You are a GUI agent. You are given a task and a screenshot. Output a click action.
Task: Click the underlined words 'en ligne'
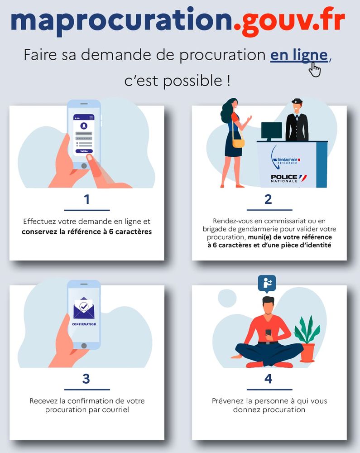click(x=299, y=55)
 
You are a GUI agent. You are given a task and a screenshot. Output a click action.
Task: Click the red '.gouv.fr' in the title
click(x=289, y=21)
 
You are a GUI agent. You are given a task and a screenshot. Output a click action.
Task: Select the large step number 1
click(x=86, y=199)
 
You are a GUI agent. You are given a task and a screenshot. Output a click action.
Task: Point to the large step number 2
click(x=268, y=199)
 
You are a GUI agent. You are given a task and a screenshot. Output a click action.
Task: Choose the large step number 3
click(x=86, y=379)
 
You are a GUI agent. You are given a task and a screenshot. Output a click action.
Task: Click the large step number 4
click(x=268, y=379)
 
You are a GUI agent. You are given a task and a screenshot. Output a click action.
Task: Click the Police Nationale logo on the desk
click(x=288, y=178)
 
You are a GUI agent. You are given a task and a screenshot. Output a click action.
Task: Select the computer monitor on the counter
click(x=271, y=131)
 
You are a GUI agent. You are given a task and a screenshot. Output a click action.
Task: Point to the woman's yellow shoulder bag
click(x=238, y=143)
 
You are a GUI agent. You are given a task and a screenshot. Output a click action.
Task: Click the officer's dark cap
click(x=297, y=101)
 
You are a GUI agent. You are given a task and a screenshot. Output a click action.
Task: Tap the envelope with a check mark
click(x=84, y=308)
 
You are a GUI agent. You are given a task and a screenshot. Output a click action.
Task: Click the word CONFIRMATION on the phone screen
click(x=84, y=324)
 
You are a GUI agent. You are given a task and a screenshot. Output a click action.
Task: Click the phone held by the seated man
click(x=269, y=333)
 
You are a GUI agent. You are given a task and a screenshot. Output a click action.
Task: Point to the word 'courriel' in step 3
click(x=116, y=410)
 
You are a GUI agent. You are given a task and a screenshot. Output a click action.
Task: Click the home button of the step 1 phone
click(x=84, y=166)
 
